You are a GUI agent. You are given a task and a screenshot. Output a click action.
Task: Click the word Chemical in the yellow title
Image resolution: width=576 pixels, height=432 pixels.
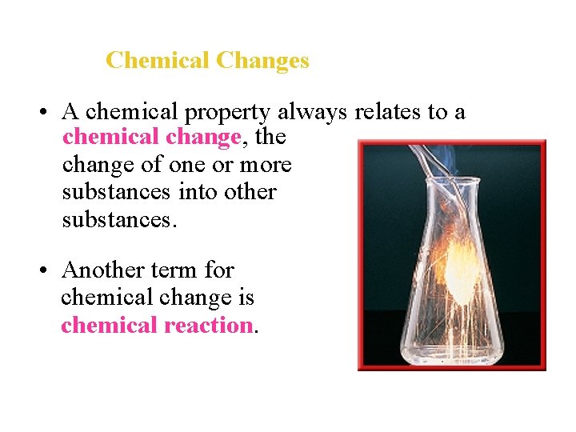point(158,60)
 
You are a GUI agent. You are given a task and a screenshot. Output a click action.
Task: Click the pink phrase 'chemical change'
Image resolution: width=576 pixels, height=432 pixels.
point(151,138)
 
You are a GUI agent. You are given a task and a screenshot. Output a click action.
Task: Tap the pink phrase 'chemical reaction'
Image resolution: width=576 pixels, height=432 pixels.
point(157,325)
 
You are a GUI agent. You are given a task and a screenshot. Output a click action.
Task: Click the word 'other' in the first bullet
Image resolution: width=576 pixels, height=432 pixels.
point(249,192)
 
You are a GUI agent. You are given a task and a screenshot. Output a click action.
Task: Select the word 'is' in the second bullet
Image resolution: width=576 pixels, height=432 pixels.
point(244,298)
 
